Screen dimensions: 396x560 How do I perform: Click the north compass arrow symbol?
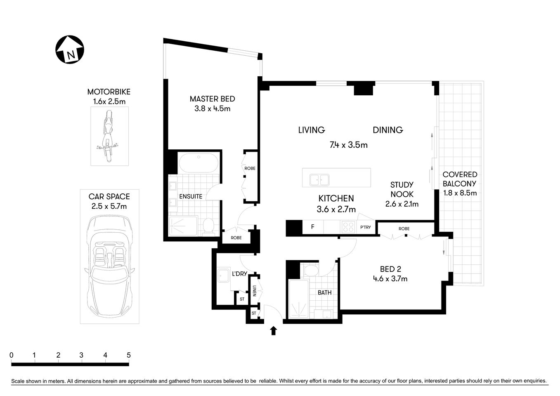click(70, 49)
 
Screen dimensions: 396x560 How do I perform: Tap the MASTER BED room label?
click(212, 99)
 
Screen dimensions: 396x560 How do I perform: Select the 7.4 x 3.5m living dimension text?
click(348, 145)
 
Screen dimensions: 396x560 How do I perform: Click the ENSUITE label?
click(190, 197)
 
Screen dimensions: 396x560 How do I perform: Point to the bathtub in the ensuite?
click(198, 163)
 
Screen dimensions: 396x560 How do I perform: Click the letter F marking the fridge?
click(312, 227)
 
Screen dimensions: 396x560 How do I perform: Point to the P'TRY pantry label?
click(365, 227)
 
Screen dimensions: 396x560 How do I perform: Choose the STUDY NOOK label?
click(402, 189)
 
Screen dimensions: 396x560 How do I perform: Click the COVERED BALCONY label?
click(460, 179)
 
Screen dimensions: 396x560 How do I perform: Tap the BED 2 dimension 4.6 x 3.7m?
click(390, 279)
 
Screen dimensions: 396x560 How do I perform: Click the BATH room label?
click(324, 293)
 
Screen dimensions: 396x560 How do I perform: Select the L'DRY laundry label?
click(239, 273)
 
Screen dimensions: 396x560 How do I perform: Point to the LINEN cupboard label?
click(255, 291)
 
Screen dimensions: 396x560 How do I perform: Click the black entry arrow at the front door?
click(273, 330)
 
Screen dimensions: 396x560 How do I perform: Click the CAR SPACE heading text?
click(109, 197)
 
